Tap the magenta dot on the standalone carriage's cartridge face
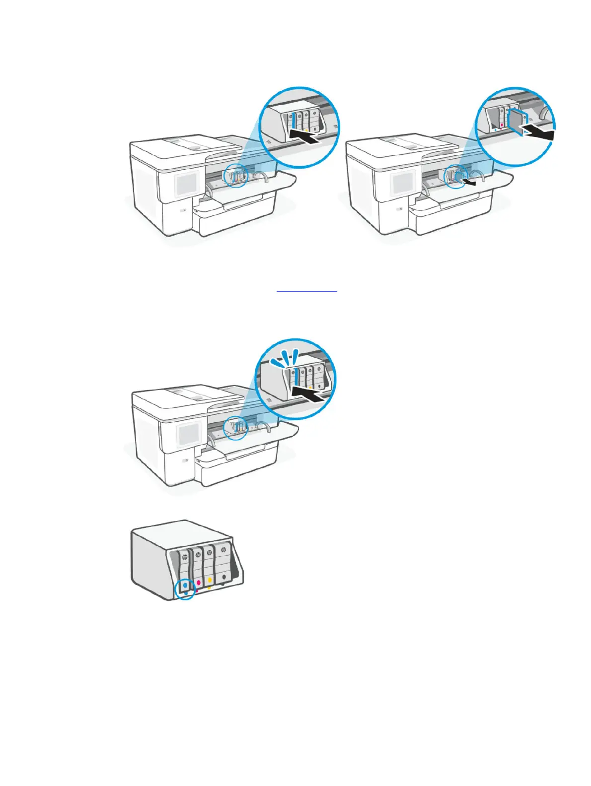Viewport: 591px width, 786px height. point(198,581)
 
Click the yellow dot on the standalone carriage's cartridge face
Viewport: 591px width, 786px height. point(210,580)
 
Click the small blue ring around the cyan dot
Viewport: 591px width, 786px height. point(185,589)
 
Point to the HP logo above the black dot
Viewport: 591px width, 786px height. point(223,550)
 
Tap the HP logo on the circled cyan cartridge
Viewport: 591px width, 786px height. point(185,558)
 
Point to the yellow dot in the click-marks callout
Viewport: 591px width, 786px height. point(310,387)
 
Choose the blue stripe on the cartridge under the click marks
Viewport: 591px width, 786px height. point(296,377)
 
